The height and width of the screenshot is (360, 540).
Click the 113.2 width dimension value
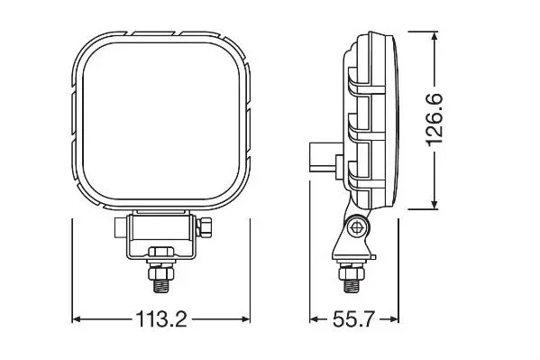(x=161, y=319)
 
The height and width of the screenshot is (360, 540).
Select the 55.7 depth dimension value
(x=353, y=319)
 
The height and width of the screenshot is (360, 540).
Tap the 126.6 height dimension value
(x=435, y=120)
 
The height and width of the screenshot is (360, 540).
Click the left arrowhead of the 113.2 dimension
(x=77, y=319)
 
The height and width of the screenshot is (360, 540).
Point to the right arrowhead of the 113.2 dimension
(x=246, y=319)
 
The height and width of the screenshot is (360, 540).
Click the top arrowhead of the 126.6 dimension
(x=435, y=36)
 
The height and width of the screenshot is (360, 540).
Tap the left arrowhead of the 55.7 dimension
(x=314, y=319)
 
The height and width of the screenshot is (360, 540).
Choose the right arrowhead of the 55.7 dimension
(x=394, y=319)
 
